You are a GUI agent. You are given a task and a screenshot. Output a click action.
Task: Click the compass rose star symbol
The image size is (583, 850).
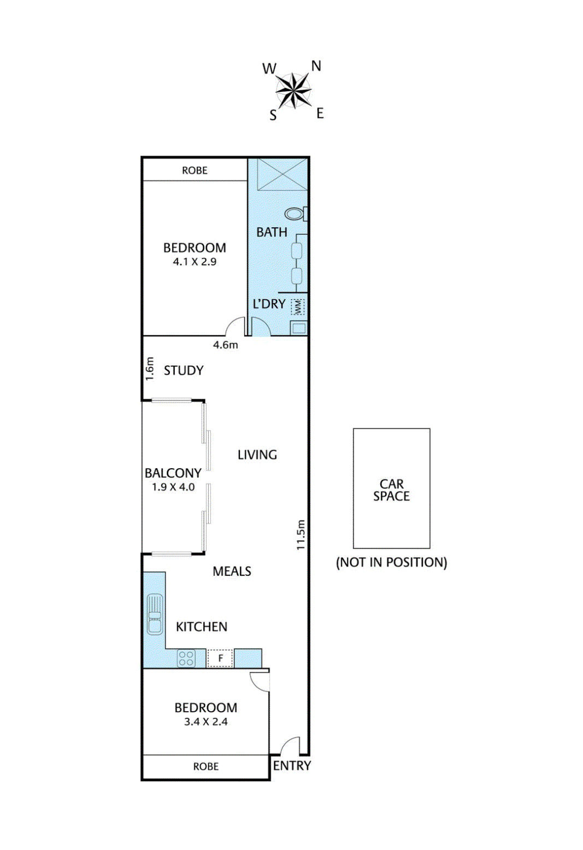click(293, 91)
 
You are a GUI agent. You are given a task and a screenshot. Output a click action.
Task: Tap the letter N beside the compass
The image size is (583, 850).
click(316, 67)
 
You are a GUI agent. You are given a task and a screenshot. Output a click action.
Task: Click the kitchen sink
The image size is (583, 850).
click(155, 613)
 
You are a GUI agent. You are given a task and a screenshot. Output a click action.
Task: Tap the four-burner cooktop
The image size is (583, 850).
click(186, 658)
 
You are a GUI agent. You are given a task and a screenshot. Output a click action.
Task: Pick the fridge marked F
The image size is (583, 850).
click(220, 658)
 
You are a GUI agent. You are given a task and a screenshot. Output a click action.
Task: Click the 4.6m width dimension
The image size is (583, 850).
click(226, 345)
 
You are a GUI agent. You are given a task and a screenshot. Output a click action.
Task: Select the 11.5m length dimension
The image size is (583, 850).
click(301, 535)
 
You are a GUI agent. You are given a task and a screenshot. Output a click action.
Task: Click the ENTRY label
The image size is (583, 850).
click(292, 766)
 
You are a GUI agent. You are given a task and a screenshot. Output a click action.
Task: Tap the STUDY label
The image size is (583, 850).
click(184, 370)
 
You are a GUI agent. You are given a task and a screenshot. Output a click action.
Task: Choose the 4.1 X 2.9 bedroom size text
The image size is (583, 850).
click(195, 262)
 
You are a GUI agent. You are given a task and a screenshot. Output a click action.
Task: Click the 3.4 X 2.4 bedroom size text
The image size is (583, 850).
click(206, 722)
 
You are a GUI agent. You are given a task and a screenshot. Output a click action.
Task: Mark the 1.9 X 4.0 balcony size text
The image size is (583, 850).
click(173, 487)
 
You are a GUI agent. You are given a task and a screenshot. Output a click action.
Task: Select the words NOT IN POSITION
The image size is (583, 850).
click(392, 562)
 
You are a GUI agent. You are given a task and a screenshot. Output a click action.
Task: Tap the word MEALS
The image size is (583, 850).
click(232, 571)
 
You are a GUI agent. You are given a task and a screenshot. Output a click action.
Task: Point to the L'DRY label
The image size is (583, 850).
click(269, 304)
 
